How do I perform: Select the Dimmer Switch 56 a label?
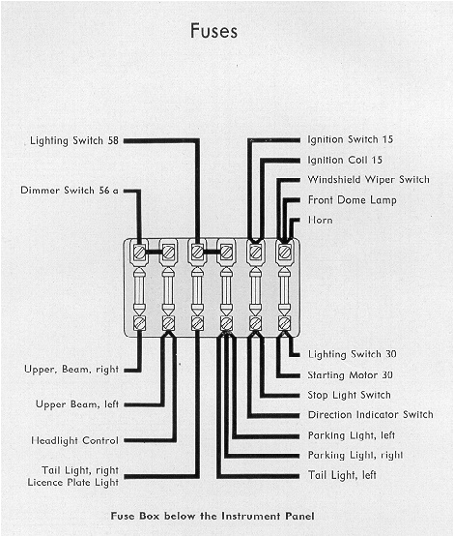[69, 190]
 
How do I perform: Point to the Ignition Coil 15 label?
[345, 160]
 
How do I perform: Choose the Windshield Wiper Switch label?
[368, 180]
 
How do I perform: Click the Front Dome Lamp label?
[352, 200]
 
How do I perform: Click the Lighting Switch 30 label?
[352, 354]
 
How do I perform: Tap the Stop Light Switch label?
[349, 395]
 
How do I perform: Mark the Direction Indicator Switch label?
[370, 415]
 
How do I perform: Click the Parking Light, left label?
[352, 435]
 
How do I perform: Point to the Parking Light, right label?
[355, 456]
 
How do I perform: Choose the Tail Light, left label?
[343, 476]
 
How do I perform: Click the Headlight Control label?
[73, 441]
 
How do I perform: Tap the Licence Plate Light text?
[73, 482]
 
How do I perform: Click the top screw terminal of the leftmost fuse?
[140, 252]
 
